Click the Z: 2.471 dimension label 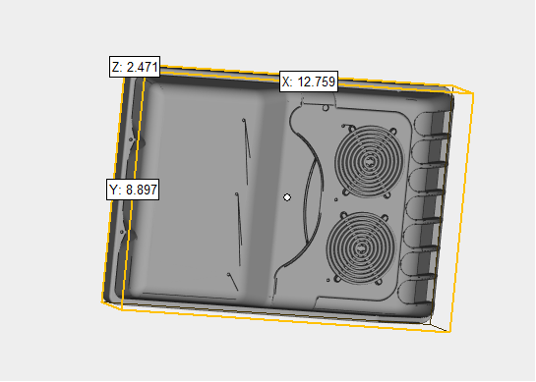point(135,67)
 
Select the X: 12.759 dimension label point(309,82)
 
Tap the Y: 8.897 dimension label point(133,190)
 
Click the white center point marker point(287,197)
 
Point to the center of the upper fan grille point(369,161)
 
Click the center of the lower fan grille point(361,247)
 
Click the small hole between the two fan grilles point(335,199)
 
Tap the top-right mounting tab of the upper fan point(393,131)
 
